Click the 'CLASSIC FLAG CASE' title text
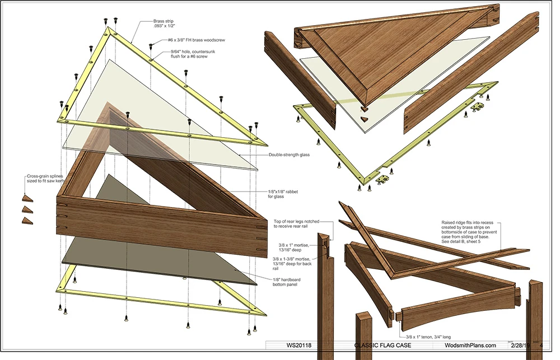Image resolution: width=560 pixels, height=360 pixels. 386,346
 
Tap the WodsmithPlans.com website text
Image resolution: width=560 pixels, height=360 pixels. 470,346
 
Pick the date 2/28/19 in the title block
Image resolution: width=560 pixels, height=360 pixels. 521,346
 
